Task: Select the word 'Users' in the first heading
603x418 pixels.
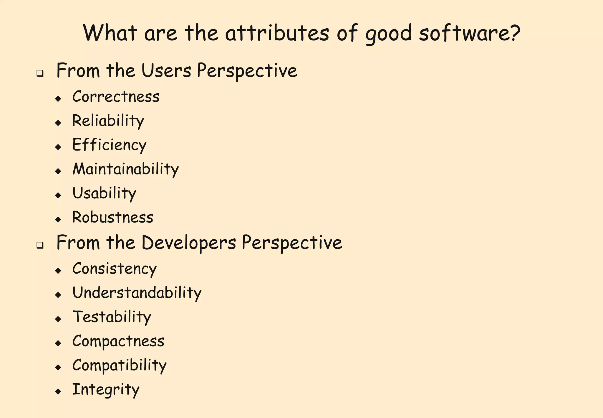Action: pos(166,71)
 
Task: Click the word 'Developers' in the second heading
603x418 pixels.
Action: pos(189,243)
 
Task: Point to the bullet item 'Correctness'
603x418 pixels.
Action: pos(116,97)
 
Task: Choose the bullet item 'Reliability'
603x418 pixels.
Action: pos(108,121)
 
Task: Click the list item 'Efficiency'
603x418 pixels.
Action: pos(109,145)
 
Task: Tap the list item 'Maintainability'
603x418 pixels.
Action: pos(125,169)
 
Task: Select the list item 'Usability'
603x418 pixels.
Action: pos(104,193)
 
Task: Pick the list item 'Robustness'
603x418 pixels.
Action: pos(113,218)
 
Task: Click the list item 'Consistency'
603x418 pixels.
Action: pos(115,269)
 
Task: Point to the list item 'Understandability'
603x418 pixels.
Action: pos(137,293)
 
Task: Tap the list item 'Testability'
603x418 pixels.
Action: pos(112,317)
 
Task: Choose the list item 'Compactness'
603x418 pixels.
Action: pos(118,341)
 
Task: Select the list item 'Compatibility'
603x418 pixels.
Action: pos(119,366)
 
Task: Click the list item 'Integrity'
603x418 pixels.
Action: pos(106,390)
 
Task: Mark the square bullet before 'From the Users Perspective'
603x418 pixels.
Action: pos(40,73)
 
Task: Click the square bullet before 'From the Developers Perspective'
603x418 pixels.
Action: pos(40,245)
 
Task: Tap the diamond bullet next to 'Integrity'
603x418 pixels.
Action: pos(58,391)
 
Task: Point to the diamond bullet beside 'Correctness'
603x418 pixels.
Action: pos(58,98)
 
